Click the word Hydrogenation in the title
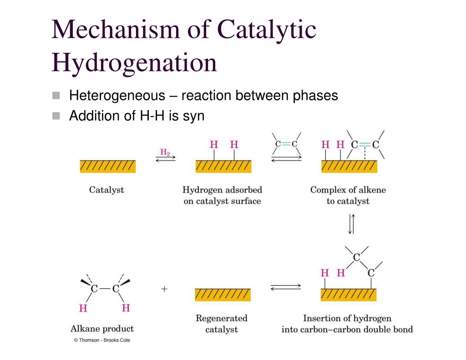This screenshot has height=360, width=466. (134, 63)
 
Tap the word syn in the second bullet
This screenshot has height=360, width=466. (193, 116)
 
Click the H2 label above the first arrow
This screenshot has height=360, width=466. (165, 153)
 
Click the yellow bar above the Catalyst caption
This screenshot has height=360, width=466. (107, 167)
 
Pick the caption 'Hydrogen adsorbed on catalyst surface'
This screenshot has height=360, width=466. (222, 195)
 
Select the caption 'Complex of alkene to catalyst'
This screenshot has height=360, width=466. (348, 195)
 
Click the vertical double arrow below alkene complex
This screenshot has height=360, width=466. (351, 224)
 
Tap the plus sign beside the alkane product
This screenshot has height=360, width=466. (164, 289)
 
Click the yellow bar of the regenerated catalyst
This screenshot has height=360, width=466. (223, 295)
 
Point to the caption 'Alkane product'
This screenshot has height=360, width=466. (102, 329)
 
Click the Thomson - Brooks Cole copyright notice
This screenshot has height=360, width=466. (102, 340)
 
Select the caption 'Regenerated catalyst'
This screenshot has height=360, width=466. (222, 324)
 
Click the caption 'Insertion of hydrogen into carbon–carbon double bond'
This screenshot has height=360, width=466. (347, 324)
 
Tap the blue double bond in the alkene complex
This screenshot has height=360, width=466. (365, 144)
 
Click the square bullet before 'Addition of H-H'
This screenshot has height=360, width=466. (56, 116)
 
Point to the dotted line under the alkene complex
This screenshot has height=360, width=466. (365, 155)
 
